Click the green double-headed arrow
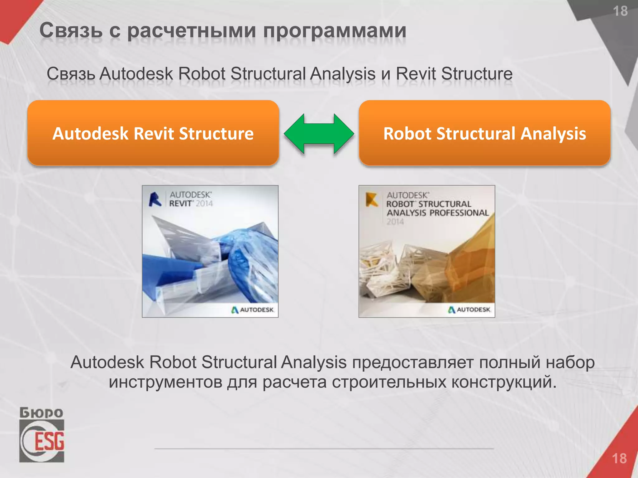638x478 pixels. [x=319, y=134]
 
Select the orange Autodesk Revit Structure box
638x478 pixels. [x=153, y=133]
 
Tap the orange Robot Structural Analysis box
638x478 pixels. [x=484, y=133]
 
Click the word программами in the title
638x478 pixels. [x=335, y=31]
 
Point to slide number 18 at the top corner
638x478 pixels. [x=620, y=12]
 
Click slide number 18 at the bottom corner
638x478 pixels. [x=619, y=458]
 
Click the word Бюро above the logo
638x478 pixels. [x=41, y=413]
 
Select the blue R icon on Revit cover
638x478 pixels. [x=155, y=199]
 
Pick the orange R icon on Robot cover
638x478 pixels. [x=372, y=199]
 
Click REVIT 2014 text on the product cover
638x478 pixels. [x=191, y=204]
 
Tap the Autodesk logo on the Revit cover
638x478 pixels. [x=252, y=310]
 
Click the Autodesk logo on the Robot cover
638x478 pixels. [x=469, y=310]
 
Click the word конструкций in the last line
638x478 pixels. [x=504, y=382]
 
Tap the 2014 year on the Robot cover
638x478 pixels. [x=395, y=222]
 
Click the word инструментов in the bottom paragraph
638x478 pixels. [x=165, y=382]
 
